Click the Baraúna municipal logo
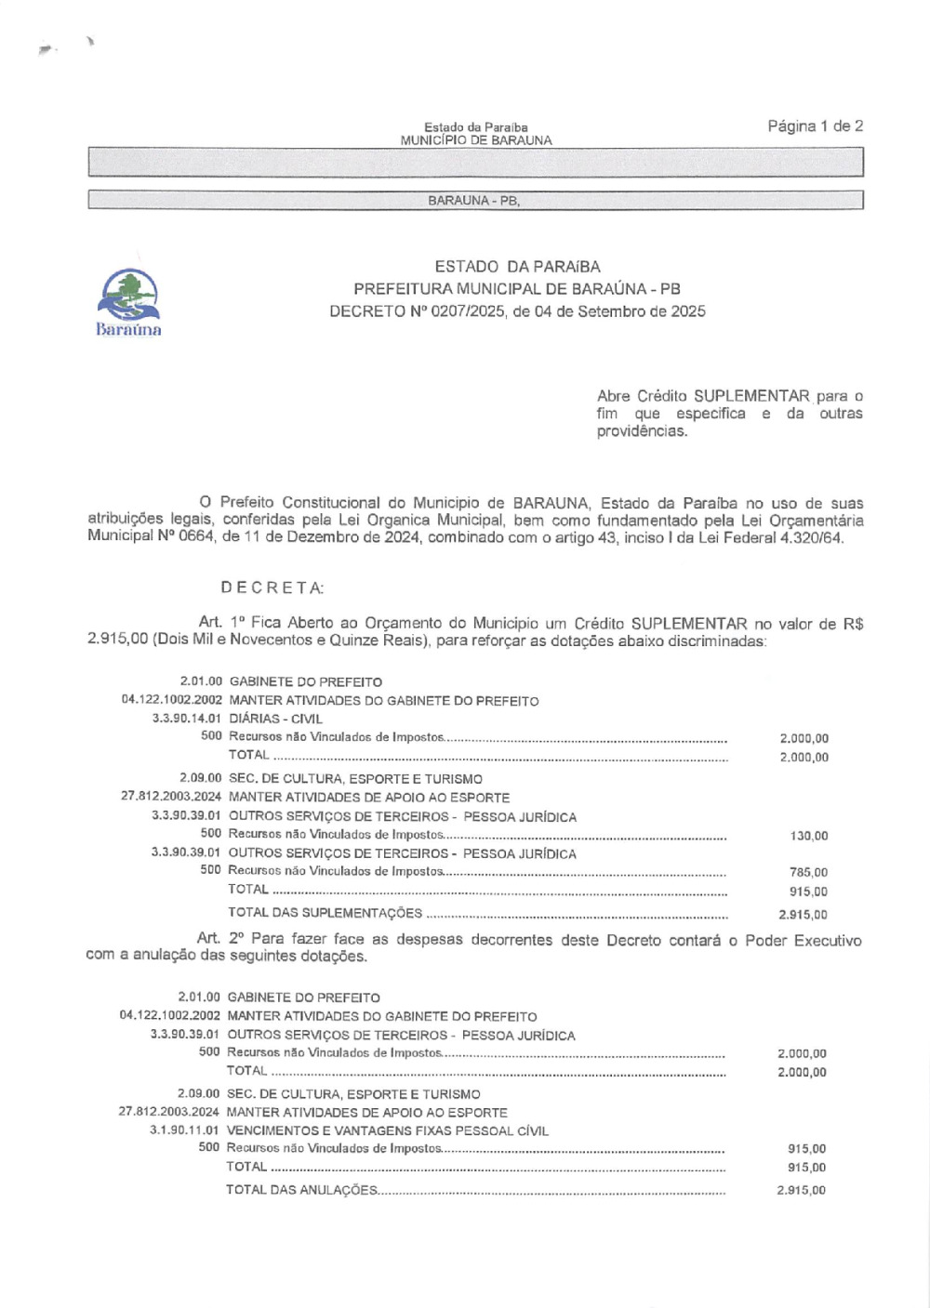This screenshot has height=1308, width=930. click(x=128, y=300)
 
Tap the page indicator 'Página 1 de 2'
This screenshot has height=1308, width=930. click(x=815, y=126)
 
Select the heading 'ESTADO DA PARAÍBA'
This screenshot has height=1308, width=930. click(x=517, y=267)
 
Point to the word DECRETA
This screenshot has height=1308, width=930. click(x=272, y=588)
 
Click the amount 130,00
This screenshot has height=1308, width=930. click(x=808, y=836)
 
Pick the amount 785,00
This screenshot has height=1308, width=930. click(x=808, y=872)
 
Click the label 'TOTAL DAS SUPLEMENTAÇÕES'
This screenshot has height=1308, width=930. click(x=325, y=913)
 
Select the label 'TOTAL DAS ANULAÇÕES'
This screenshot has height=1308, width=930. click(x=301, y=1190)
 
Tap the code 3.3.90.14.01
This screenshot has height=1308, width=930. click(x=187, y=719)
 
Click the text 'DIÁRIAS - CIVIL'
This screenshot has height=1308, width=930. click(x=275, y=719)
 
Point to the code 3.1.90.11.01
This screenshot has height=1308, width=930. click(x=184, y=1130)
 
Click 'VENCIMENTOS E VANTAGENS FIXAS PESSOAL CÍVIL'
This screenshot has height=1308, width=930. click(x=387, y=1130)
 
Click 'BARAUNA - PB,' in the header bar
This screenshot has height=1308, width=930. click(x=473, y=201)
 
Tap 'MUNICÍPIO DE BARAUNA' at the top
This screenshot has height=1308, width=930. click(x=475, y=140)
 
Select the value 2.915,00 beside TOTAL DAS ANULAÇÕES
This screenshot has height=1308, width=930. click(x=801, y=1190)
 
